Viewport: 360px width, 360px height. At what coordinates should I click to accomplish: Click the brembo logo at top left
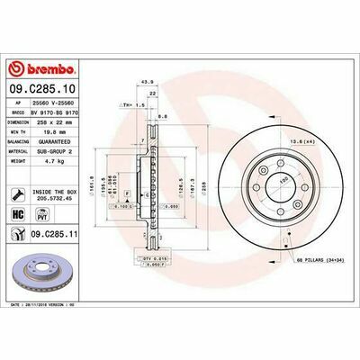pyautogui.click(x=43, y=70)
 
